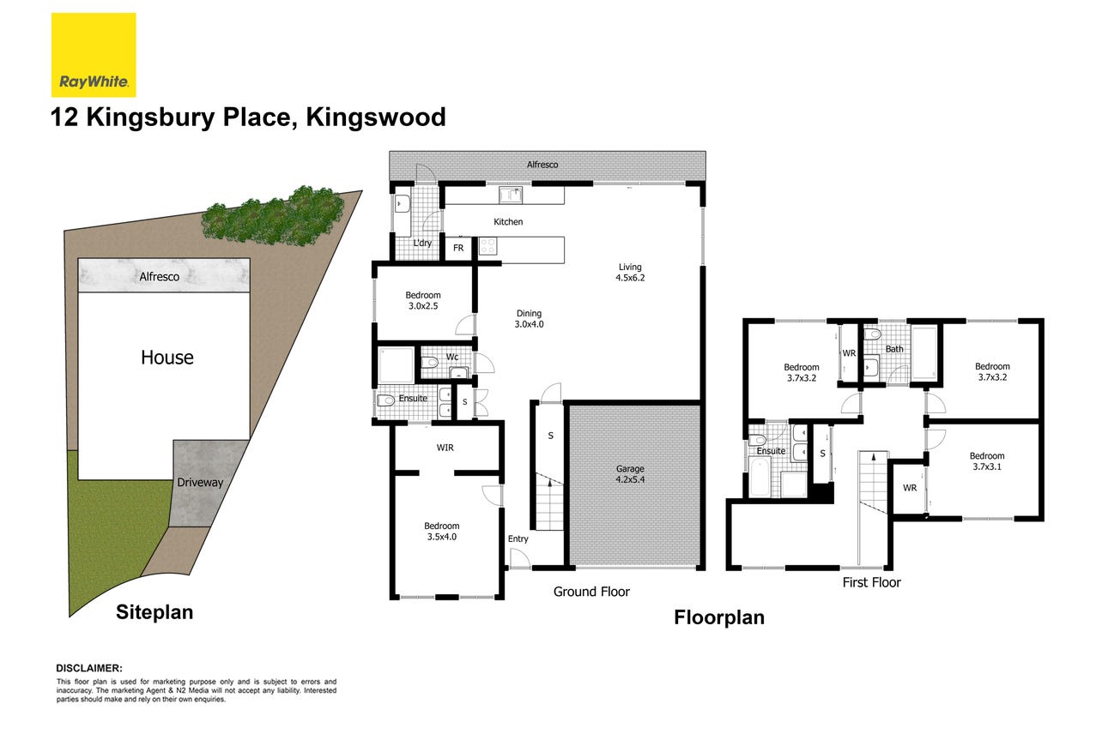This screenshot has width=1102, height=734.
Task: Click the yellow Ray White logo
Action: (x=94, y=55)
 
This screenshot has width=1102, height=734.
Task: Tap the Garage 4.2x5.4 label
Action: (x=630, y=474)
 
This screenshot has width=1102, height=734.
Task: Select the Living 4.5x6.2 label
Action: (x=630, y=273)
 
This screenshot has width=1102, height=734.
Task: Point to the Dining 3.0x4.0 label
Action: (x=530, y=319)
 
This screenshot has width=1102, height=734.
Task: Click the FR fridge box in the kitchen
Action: (x=458, y=249)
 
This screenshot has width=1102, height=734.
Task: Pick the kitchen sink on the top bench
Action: (x=511, y=195)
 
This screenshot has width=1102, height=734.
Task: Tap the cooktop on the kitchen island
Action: (x=487, y=246)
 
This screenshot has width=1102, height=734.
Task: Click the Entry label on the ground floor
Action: (x=518, y=538)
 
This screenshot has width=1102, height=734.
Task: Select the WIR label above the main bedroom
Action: (x=445, y=448)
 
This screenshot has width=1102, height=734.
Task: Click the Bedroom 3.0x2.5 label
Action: (x=423, y=300)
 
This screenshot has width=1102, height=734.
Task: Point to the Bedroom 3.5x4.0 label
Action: (x=442, y=532)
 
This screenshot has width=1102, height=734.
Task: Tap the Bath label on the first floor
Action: (x=894, y=349)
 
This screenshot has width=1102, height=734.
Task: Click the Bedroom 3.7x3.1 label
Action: (x=987, y=461)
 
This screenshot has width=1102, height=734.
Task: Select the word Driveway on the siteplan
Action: (x=200, y=482)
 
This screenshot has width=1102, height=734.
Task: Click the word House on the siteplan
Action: (x=167, y=358)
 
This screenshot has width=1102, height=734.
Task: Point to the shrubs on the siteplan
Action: (x=274, y=215)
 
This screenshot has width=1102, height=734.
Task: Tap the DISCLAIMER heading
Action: (x=89, y=668)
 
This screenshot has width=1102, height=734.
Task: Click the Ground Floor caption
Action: (x=591, y=592)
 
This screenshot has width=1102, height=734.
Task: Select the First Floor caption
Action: (x=872, y=582)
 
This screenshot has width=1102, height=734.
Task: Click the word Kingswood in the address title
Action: (x=376, y=117)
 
